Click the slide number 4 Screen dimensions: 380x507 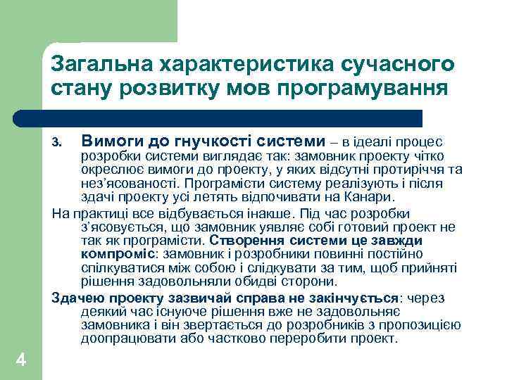21,360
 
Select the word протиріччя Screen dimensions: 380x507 415,169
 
